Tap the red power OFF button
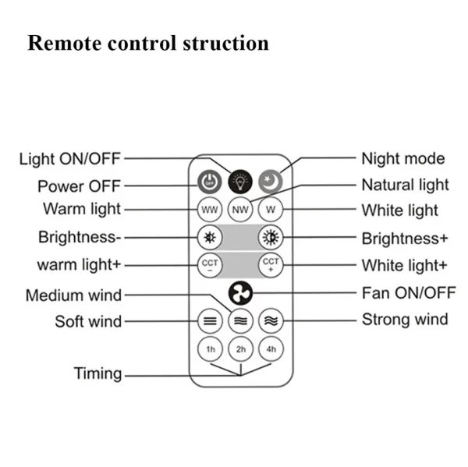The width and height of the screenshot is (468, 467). pyautogui.click(x=209, y=182)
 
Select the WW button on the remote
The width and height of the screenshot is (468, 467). pyautogui.click(x=209, y=211)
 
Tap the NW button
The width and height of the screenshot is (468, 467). pyautogui.click(x=240, y=211)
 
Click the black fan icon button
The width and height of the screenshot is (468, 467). pyautogui.click(x=240, y=293)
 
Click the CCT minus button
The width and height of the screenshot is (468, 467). pyautogui.click(x=209, y=264)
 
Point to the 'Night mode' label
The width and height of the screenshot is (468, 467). pyautogui.click(x=403, y=159)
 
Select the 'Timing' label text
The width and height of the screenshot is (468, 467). pyautogui.click(x=97, y=373)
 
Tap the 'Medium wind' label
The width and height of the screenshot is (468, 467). pyautogui.click(x=73, y=295)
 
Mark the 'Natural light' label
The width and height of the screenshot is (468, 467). pyautogui.click(x=405, y=185)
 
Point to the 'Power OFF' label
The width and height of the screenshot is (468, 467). pyautogui.click(x=80, y=187)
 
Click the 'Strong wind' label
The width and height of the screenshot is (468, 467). pyautogui.click(x=404, y=319)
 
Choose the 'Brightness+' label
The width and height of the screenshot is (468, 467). pyautogui.click(x=405, y=238)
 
